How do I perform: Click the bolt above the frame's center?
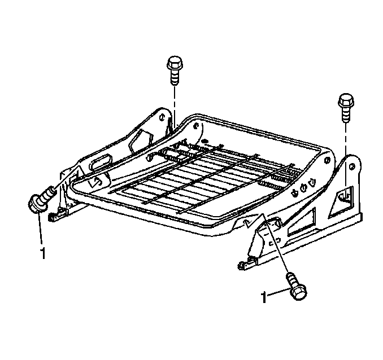coord(175,71)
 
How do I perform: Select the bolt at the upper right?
coord(346,107)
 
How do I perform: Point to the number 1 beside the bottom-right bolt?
coord(264,297)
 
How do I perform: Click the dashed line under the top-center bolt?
coord(175,105)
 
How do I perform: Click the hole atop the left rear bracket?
coord(161,117)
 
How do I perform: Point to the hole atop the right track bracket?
coord(352,166)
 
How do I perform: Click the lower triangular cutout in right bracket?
coord(302,222)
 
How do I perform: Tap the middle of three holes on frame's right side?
coord(303,188)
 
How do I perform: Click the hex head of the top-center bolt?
coord(175,63)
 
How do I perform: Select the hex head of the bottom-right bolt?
coord(299,292)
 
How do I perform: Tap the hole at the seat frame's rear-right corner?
coord(327,160)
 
